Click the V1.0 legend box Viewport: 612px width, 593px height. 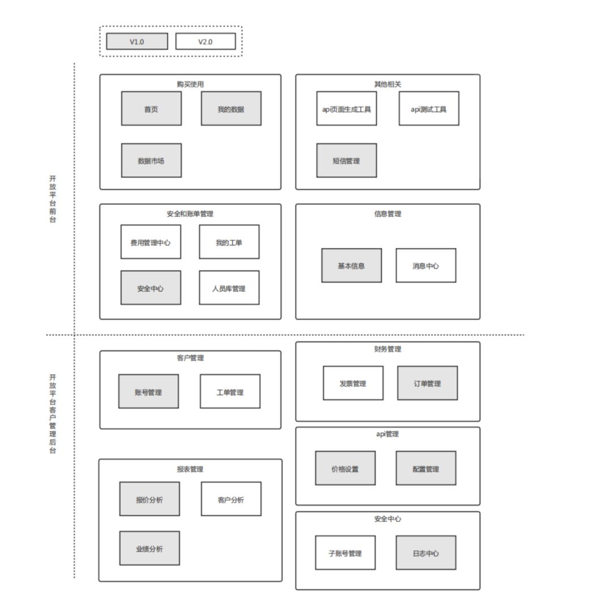(137, 41)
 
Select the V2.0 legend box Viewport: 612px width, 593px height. (205, 41)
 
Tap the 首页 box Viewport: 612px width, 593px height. (151, 109)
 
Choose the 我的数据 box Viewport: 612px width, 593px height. (231, 109)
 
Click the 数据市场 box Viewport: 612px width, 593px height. (151, 160)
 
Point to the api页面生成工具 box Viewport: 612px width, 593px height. (346, 109)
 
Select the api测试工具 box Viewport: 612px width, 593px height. (428, 109)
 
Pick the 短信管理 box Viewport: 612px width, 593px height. (346, 160)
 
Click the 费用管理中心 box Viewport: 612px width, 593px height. (151, 242)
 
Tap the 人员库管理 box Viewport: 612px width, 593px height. (229, 288)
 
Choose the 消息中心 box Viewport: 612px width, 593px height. (426, 265)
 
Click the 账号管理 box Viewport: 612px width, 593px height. (148, 391)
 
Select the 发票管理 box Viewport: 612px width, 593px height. (353, 383)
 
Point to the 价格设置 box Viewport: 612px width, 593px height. (345, 468)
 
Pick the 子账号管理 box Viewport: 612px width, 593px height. (345, 553)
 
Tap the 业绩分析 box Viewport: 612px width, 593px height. (150, 548)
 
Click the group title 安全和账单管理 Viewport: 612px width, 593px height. (190, 214)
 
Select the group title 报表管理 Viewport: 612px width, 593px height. (190, 469)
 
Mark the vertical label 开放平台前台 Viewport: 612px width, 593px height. (53, 199)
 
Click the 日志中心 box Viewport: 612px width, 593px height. (426, 553)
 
